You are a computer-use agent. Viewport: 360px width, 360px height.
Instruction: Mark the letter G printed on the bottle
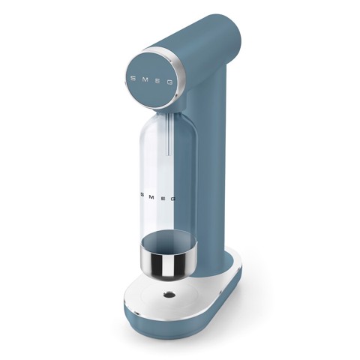tap(172, 199)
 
